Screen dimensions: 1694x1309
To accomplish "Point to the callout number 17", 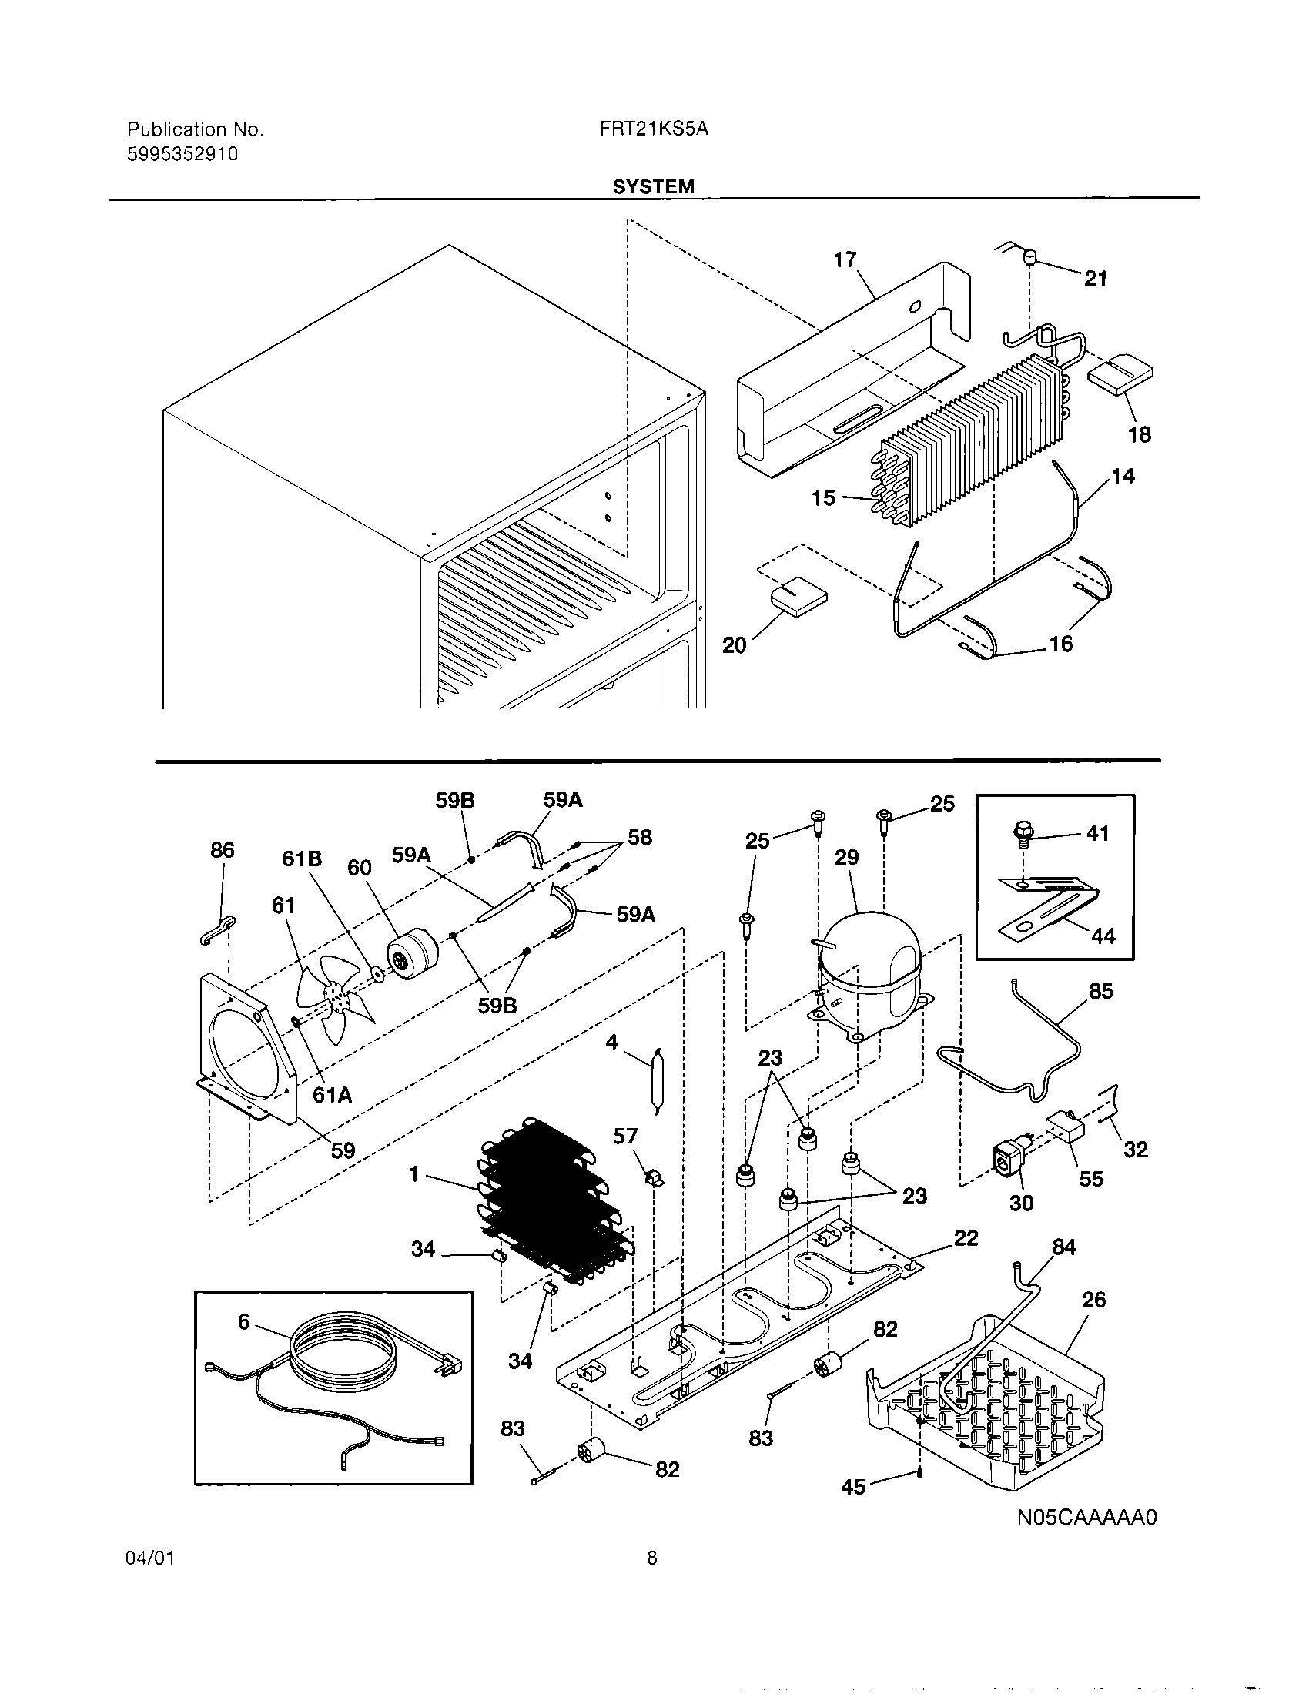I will pyautogui.click(x=845, y=259).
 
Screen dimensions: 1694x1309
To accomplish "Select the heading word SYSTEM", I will pyautogui.click(x=653, y=187).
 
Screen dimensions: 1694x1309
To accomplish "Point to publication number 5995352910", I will pyautogui.click(x=182, y=154).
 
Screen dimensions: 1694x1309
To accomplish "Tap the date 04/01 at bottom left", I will pyautogui.click(x=149, y=1558).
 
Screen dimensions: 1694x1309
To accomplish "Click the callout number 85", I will pyautogui.click(x=1100, y=991).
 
